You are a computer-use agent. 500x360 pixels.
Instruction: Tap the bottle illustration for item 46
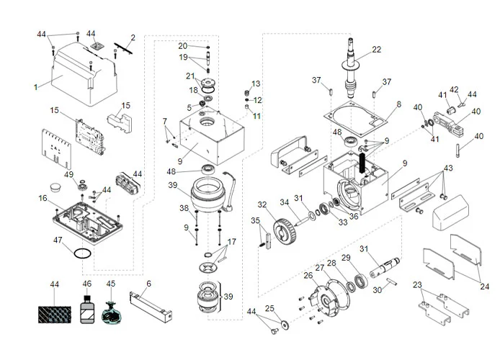87,311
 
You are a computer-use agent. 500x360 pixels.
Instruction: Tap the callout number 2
133,37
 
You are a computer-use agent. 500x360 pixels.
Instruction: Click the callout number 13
256,84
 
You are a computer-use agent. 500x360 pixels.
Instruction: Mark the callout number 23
418,284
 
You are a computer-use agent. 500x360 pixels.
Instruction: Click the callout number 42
454,90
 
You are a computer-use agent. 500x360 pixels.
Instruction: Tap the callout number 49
68,174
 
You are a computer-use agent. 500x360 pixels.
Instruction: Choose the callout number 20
183,45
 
